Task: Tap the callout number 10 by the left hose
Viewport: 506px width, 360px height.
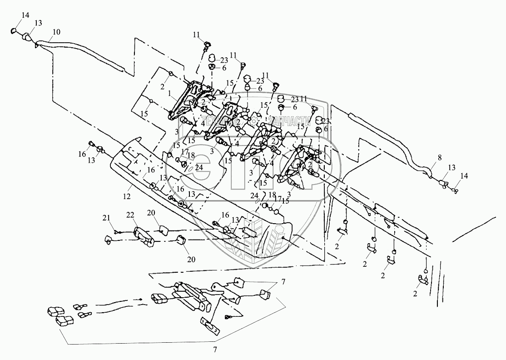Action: tap(56, 32)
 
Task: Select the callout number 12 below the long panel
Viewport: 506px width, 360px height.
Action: tap(127, 196)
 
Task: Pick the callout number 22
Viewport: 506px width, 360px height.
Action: tap(129, 215)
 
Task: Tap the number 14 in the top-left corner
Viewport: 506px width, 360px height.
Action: tap(25, 15)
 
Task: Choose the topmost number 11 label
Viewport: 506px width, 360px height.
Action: tap(196, 35)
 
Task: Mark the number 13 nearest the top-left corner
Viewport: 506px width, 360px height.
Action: tap(38, 23)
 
